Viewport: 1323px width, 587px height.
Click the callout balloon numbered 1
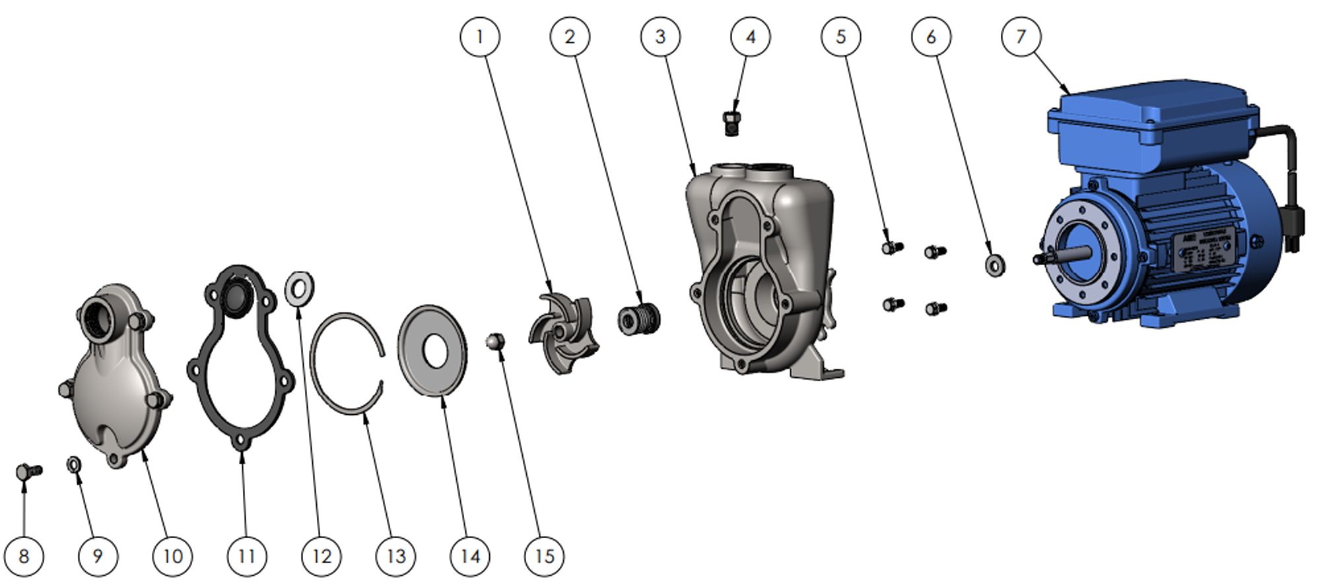(x=479, y=37)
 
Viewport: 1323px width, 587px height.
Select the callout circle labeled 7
(x=1021, y=37)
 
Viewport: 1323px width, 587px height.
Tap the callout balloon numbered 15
(x=544, y=556)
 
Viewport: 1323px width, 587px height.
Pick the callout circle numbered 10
(x=172, y=556)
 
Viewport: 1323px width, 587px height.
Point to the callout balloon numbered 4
(x=751, y=37)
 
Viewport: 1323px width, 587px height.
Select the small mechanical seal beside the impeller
(x=638, y=319)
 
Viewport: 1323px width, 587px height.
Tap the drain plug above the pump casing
(x=731, y=123)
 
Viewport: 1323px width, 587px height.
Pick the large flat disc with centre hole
(x=432, y=350)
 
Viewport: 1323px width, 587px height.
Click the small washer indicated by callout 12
(x=299, y=288)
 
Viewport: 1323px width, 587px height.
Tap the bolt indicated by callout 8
(x=28, y=472)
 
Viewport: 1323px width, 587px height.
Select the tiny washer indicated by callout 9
(x=75, y=465)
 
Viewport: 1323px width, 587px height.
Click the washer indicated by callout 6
(x=995, y=265)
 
